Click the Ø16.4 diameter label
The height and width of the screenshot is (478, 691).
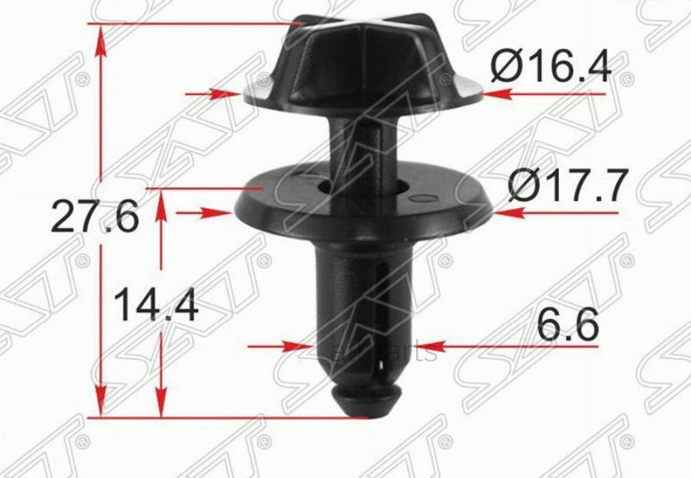coord(550,67)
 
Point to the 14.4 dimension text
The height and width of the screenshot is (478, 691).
coord(156,306)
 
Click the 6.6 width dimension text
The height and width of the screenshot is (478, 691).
coord(567,326)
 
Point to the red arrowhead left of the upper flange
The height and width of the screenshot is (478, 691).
coord(230,94)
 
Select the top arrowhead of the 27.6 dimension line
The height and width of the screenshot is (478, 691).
coord(99,38)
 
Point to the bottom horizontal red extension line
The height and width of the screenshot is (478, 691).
coord(230,417)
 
